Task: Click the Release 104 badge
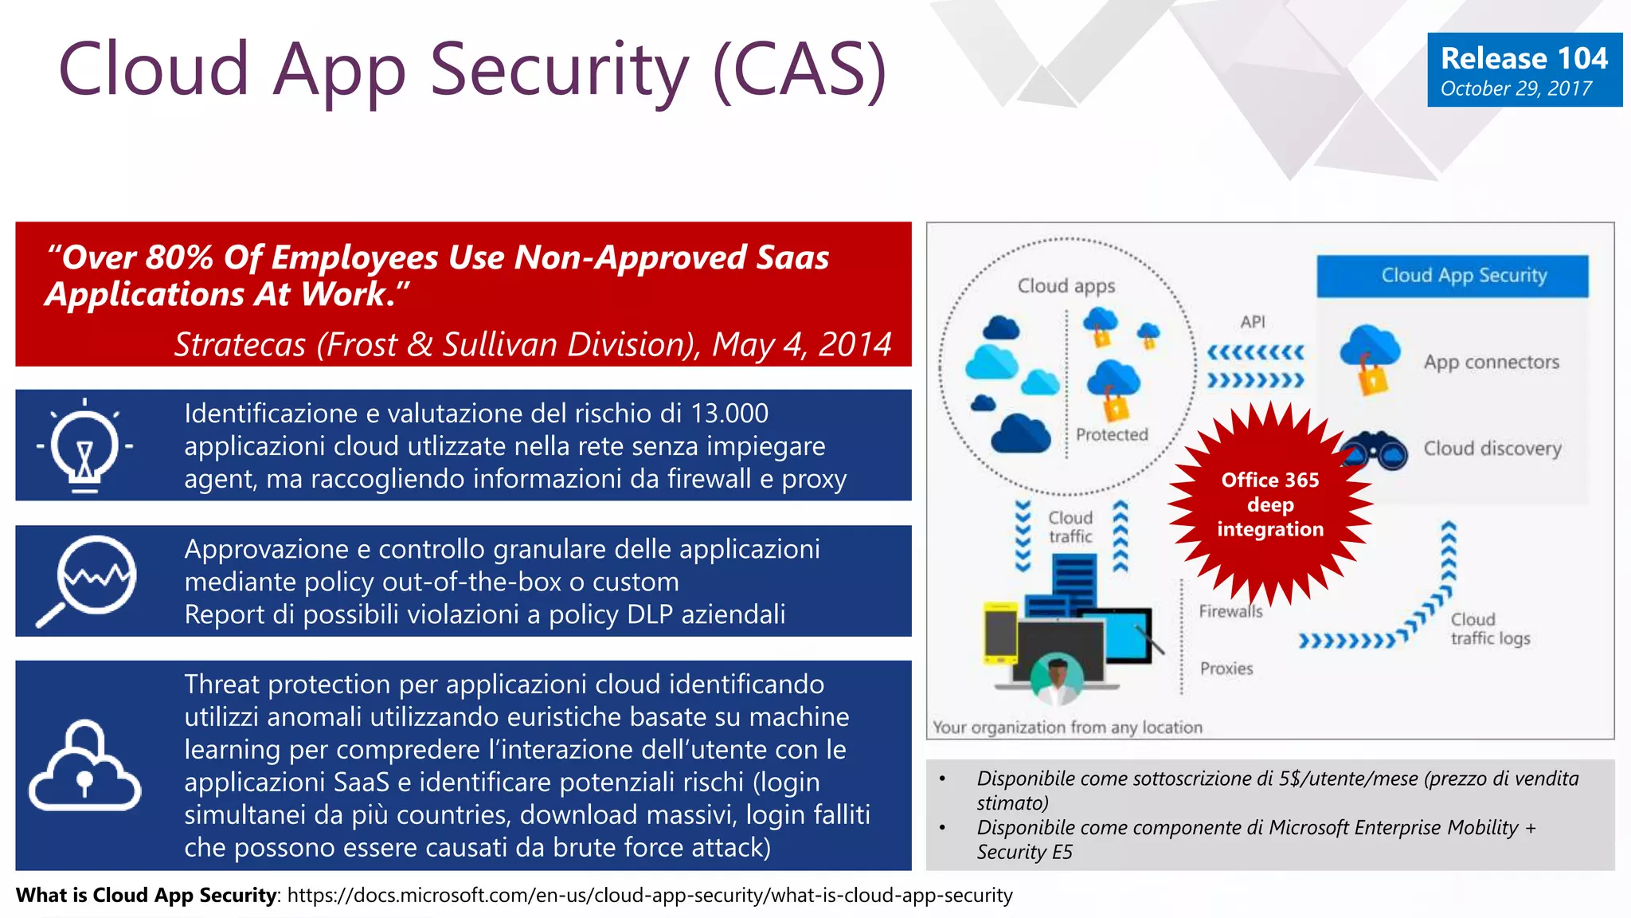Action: point(1523,70)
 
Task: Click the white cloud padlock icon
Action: point(85,767)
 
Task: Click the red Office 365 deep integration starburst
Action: point(1270,504)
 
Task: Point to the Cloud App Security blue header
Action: point(1452,276)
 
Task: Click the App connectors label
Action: point(1491,363)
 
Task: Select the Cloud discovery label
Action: point(1492,449)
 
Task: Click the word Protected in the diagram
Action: point(1112,435)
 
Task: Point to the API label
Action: point(1252,322)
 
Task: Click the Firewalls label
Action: point(1230,612)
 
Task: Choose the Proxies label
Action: point(1226,669)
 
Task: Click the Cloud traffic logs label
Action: point(1489,630)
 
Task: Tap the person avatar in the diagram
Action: point(1057,680)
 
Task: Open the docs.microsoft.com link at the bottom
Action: point(649,896)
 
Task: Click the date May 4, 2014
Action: point(801,345)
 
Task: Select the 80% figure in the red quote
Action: point(179,258)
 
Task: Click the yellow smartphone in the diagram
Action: point(1000,633)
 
